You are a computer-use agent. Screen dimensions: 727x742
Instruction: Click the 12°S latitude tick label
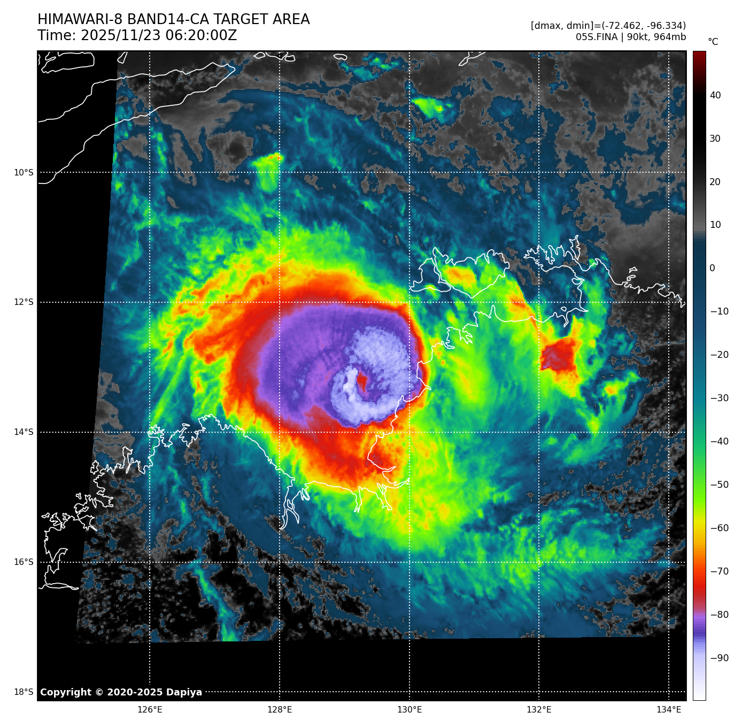pyautogui.click(x=23, y=302)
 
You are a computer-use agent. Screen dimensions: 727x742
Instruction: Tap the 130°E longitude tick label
pyautogui.click(x=409, y=710)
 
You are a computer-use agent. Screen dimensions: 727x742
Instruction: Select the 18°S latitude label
pyautogui.click(x=23, y=692)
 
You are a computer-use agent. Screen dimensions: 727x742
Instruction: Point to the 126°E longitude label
pyautogui.click(x=150, y=710)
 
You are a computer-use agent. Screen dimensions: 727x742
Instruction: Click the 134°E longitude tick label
pyautogui.click(x=669, y=710)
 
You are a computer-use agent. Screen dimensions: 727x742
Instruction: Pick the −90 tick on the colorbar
pyautogui.click(x=718, y=658)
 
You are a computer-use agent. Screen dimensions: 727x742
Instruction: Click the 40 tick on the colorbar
pyautogui.click(x=715, y=96)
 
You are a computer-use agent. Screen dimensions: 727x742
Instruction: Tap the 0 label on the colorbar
pyautogui.click(x=712, y=269)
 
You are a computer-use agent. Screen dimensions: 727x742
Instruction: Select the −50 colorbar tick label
pyautogui.click(x=718, y=485)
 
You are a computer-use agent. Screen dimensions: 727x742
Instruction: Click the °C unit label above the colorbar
pyautogui.click(x=713, y=42)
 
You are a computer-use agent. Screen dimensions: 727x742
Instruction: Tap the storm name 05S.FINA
pyautogui.click(x=596, y=37)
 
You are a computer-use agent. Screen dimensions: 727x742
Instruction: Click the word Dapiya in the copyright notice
pyautogui.click(x=184, y=692)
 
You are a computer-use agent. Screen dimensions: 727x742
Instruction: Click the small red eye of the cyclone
pyautogui.click(x=361, y=381)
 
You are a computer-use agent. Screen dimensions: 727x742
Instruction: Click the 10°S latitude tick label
pyautogui.click(x=23, y=172)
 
